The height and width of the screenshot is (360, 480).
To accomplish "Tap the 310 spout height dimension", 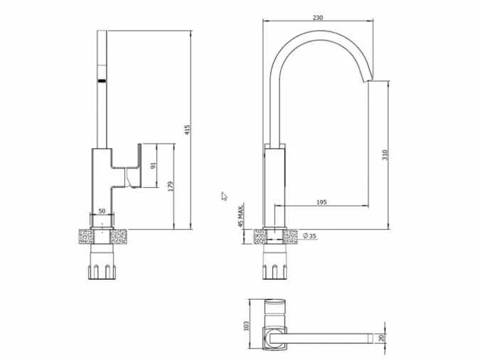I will (384, 155).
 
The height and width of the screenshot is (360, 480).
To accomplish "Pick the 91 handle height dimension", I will (154, 165).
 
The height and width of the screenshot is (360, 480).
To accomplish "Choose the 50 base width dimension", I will (102, 211).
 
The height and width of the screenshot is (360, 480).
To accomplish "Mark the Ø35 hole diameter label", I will (309, 235).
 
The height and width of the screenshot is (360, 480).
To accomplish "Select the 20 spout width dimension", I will (383, 339).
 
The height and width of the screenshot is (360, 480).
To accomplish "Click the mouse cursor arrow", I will (223, 196).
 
